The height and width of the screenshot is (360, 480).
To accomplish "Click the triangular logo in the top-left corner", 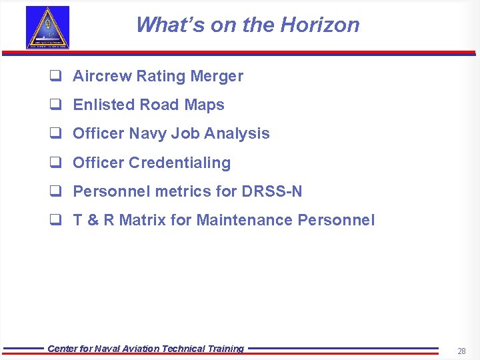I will click(x=47, y=28).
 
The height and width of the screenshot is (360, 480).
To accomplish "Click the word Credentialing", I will click(x=179, y=163).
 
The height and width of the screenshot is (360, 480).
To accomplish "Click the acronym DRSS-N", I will click(x=272, y=191).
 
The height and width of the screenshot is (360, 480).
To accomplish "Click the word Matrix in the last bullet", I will click(x=143, y=220).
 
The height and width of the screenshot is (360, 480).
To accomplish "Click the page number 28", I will click(x=461, y=351).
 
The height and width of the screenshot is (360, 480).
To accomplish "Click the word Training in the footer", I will click(x=223, y=349).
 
